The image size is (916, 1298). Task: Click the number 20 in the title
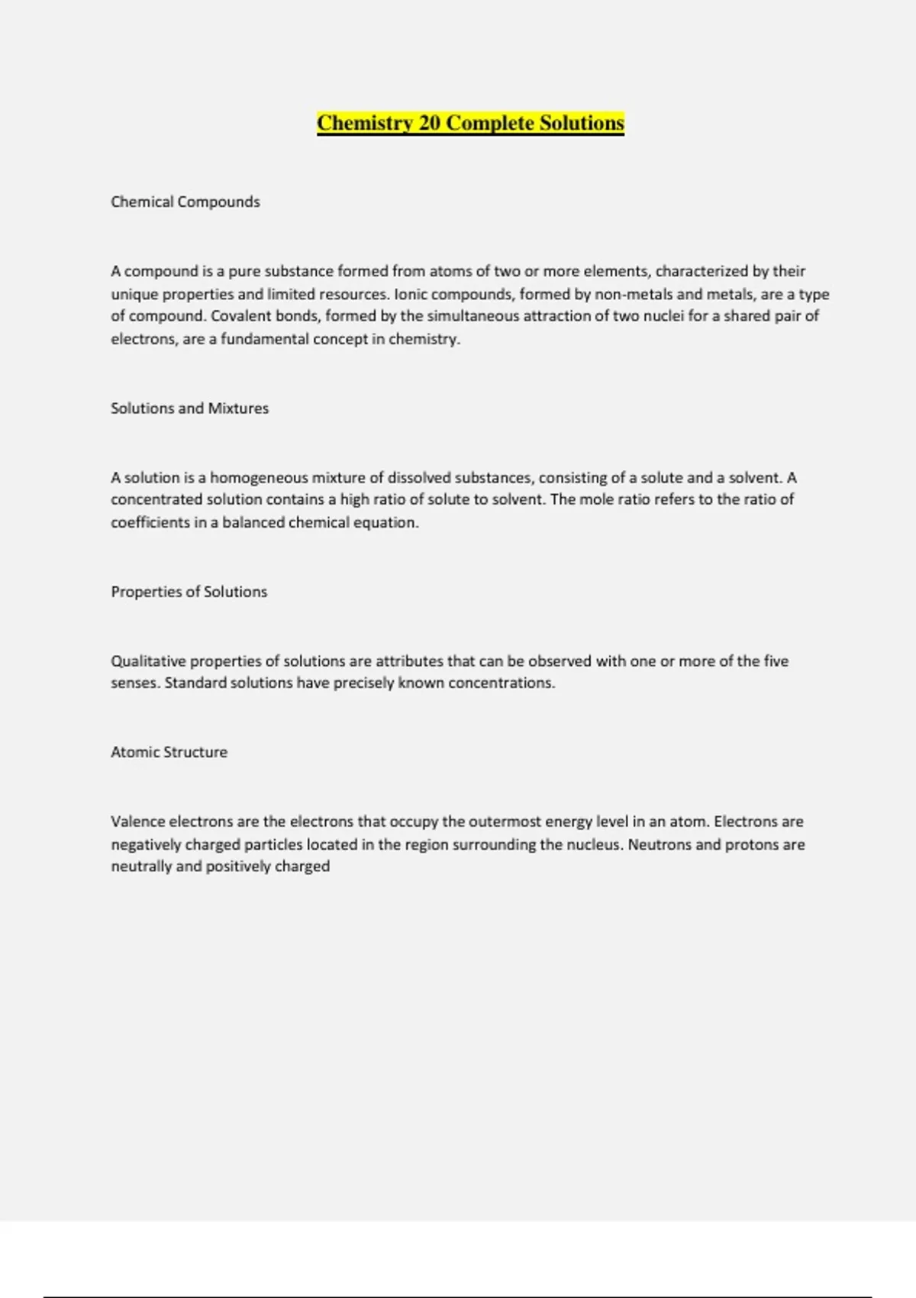(429, 123)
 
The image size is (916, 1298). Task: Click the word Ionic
(411, 294)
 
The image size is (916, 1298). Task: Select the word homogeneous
(258, 478)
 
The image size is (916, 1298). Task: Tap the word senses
(134, 683)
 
